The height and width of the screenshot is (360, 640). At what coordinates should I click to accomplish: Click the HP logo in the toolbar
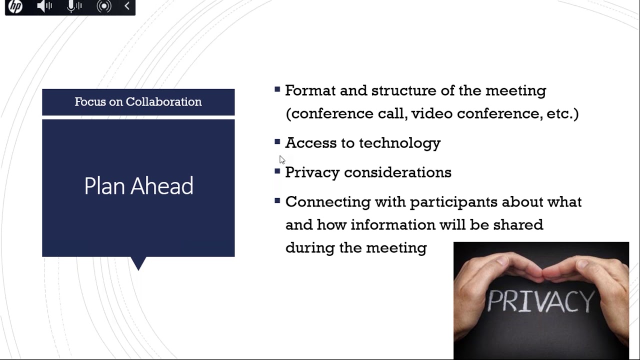pos(15,6)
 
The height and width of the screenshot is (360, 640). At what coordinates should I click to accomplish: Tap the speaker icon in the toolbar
pos(44,6)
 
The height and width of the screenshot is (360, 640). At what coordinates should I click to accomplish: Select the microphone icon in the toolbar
pos(74,6)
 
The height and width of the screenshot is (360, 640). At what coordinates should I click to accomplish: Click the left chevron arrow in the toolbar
pos(127,6)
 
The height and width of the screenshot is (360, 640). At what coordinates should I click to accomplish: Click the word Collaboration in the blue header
pos(163,102)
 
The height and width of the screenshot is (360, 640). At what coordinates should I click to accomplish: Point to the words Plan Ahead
pos(138,186)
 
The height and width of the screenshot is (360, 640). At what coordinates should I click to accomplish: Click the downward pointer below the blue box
pos(138,263)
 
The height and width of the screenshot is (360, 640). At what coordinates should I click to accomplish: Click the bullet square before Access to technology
pos(277,142)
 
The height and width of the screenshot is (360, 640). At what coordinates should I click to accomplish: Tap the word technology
pos(399,143)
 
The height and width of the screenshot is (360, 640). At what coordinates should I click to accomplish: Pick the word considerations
pos(397,172)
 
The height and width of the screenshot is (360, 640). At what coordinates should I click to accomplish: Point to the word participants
pos(453,202)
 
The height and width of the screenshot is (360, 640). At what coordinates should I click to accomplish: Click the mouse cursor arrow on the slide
pos(282,159)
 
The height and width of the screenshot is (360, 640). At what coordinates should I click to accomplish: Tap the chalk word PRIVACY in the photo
pos(540,301)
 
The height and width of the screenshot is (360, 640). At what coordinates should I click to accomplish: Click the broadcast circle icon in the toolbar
pos(103,6)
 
